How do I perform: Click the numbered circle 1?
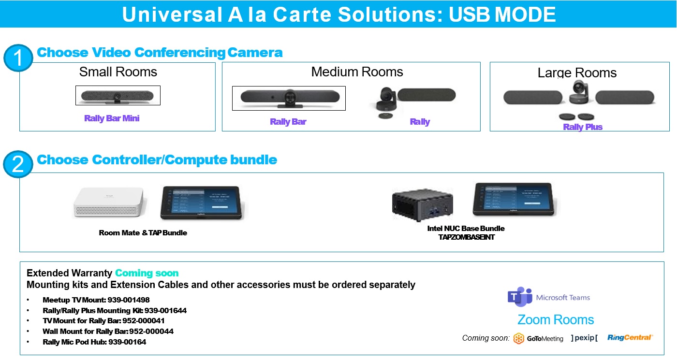(x=18, y=59)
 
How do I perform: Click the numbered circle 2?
(x=18, y=165)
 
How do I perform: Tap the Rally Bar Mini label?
(x=112, y=118)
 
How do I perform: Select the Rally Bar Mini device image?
(x=118, y=96)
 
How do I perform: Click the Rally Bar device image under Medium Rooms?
(x=289, y=98)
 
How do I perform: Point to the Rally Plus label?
(x=583, y=127)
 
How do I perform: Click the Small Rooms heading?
(x=118, y=72)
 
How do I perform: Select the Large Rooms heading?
(x=577, y=73)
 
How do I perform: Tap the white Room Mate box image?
(x=108, y=202)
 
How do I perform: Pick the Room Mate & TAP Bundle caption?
(x=143, y=233)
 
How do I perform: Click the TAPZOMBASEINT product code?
(x=466, y=237)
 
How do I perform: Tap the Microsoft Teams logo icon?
(x=520, y=297)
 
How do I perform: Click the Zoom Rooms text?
(x=556, y=320)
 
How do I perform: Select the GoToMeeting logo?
(x=538, y=338)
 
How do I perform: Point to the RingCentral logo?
(x=630, y=338)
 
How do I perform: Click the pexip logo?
(x=584, y=338)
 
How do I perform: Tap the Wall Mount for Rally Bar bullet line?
(x=108, y=331)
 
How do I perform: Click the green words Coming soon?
(x=147, y=274)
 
